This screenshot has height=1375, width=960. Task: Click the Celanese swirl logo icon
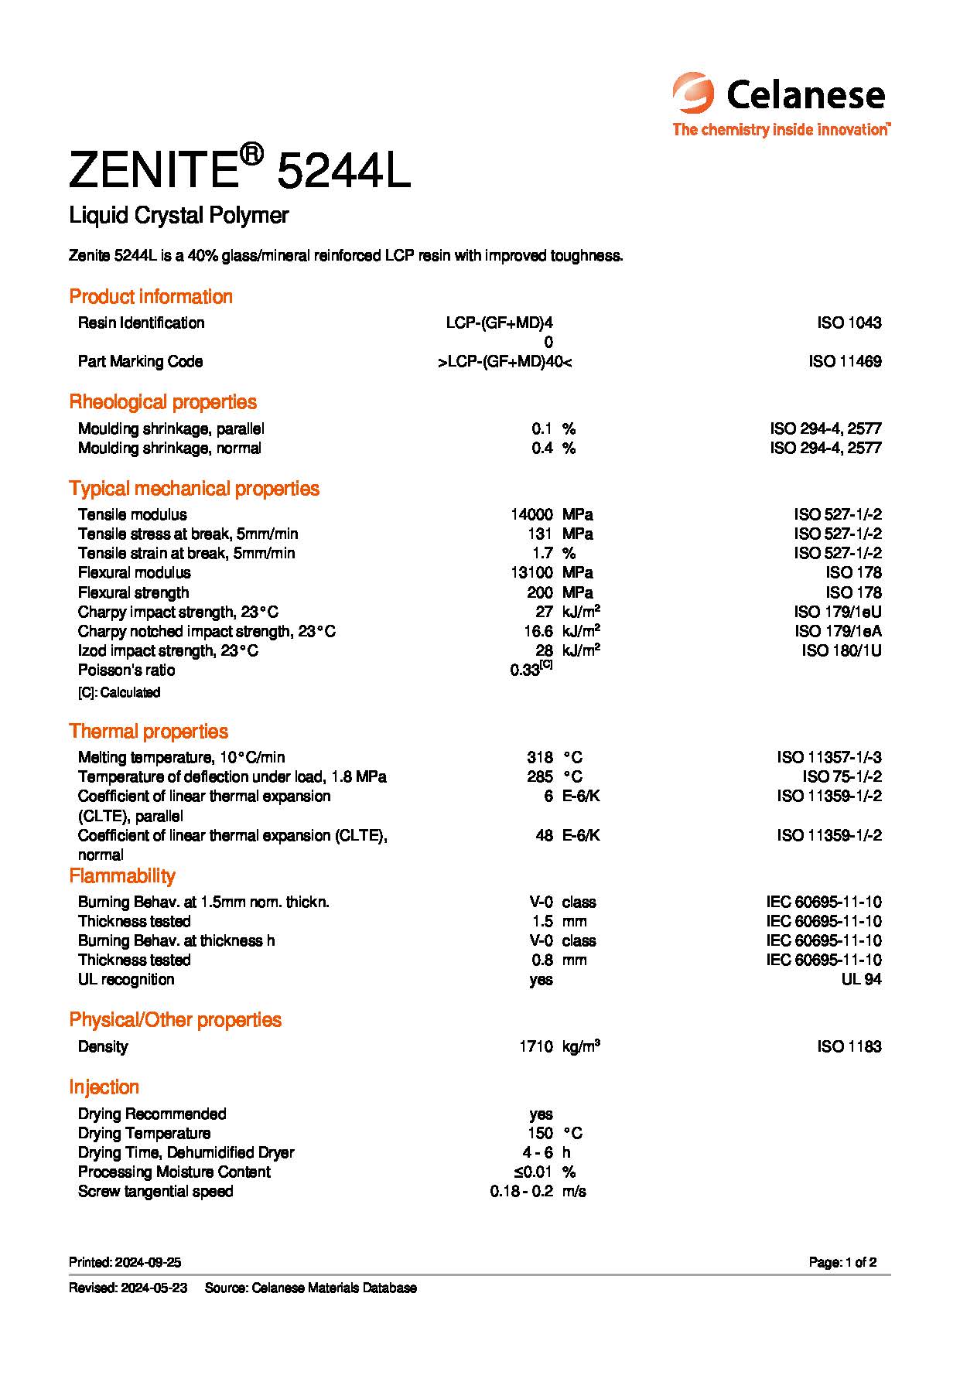(693, 94)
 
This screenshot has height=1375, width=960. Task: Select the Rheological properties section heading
(162, 402)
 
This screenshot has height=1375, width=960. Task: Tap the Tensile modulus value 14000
(531, 515)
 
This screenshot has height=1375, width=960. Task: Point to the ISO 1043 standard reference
(849, 323)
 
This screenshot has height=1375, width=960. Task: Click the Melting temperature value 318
(540, 758)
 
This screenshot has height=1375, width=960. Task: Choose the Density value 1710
(535, 1047)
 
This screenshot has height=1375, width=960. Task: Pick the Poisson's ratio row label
(126, 670)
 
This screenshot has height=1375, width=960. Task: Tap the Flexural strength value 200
(540, 593)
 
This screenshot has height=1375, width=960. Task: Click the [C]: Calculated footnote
(119, 693)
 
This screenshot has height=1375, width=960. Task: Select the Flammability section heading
(122, 876)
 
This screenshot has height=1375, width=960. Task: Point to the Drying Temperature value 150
(540, 1134)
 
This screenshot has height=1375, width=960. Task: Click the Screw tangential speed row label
(155, 1192)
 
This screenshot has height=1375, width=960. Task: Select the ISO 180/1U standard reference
(842, 651)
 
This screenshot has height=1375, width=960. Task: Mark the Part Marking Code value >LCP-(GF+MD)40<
(505, 362)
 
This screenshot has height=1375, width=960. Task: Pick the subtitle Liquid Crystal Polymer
(179, 216)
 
